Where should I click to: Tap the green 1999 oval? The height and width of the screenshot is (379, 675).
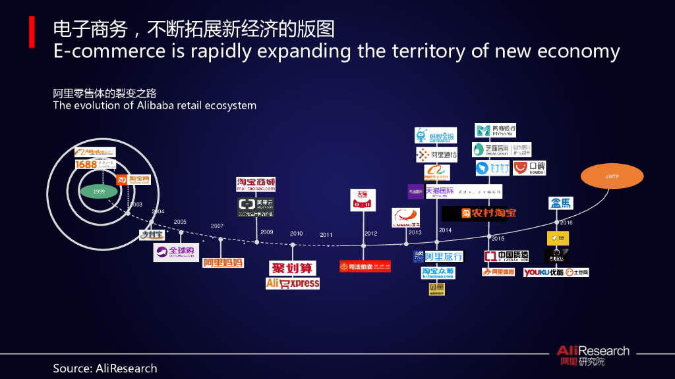[99, 191]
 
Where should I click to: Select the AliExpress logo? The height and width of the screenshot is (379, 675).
[293, 284]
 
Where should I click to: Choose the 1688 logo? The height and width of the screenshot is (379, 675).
[86, 164]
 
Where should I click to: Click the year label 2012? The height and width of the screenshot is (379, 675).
[370, 234]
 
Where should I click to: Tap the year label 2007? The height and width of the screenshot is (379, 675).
[217, 226]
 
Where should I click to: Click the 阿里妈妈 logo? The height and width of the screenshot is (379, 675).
[223, 263]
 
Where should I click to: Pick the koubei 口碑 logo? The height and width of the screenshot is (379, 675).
[529, 168]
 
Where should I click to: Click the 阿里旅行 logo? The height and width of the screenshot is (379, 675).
[438, 257]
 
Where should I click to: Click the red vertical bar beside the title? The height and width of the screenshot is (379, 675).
[32, 32]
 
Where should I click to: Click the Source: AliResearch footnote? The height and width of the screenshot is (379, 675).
[105, 368]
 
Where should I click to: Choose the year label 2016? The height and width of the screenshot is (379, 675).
[566, 223]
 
